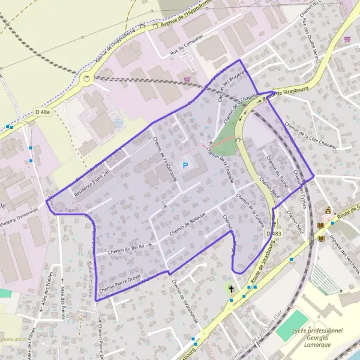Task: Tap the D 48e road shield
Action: point(41,112)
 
